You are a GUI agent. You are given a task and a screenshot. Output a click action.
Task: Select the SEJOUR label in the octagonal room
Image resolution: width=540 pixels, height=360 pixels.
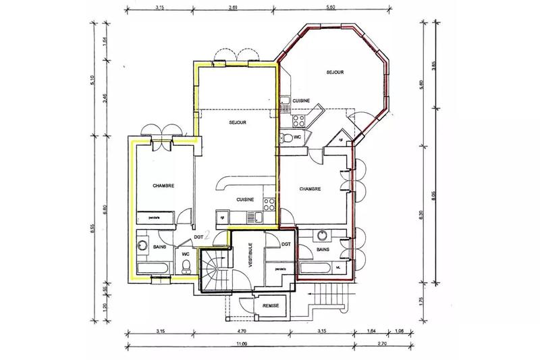(x=335, y=72)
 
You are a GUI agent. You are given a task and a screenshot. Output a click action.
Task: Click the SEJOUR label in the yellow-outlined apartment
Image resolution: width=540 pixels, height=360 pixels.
(x=236, y=122)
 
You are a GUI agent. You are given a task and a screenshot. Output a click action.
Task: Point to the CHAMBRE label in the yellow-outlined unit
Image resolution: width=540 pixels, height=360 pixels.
(x=164, y=185)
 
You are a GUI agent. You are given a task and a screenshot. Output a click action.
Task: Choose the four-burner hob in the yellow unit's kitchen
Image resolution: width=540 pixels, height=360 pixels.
(x=268, y=202)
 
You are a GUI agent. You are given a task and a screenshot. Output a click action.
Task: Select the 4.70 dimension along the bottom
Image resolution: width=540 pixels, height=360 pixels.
(x=242, y=332)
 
